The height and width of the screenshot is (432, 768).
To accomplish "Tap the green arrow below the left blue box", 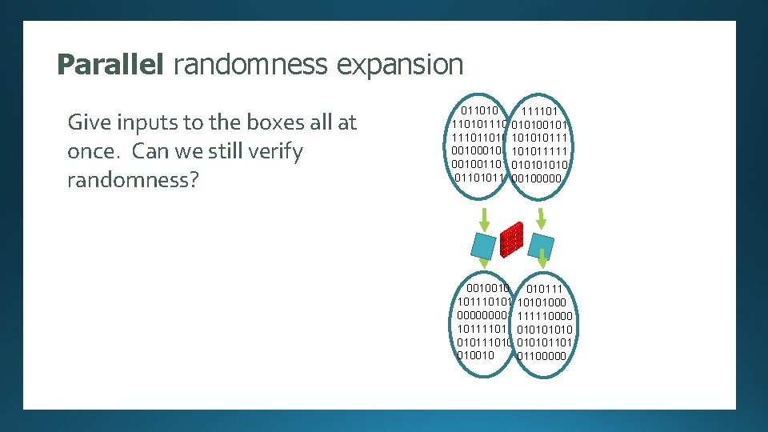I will click(484, 263).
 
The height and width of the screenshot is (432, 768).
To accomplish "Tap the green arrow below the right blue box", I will click(542, 258).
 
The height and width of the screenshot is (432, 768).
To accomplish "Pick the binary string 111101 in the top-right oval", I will click(539, 111).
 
